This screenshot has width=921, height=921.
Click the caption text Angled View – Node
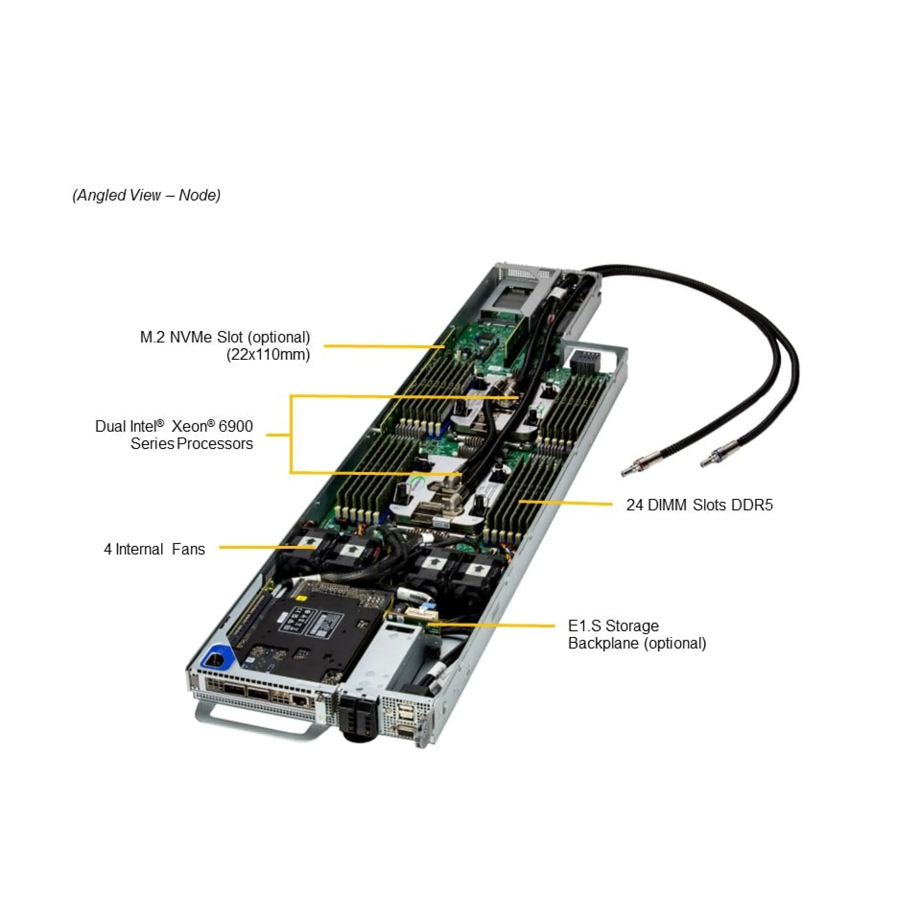(146, 195)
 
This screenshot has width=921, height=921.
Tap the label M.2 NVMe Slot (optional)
(224, 337)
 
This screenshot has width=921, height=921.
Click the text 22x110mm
(268, 354)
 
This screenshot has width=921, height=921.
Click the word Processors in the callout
(214, 444)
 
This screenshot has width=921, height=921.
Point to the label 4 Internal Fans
(154, 549)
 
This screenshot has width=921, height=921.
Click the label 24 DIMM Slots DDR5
(699, 505)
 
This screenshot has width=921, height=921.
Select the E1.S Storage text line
(613, 626)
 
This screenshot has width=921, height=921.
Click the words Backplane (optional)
(637, 643)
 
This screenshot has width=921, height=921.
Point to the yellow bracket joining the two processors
(291, 435)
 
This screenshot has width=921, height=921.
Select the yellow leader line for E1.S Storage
(494, 626)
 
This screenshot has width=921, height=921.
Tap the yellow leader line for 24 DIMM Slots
(566, 503)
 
